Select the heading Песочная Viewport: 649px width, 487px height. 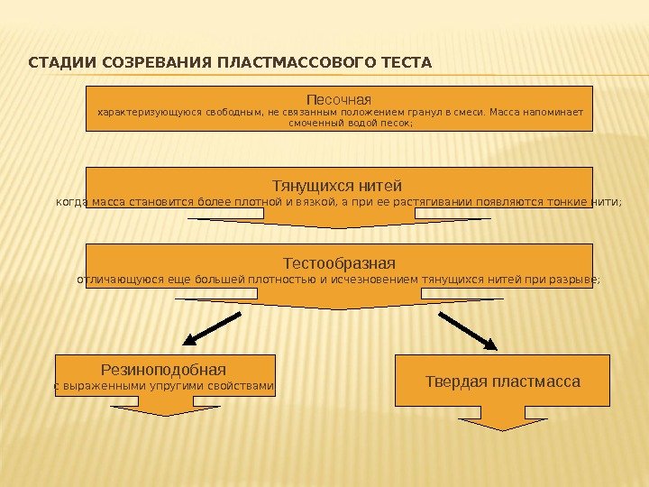coord(339,98)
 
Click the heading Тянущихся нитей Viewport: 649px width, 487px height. coord(339,185)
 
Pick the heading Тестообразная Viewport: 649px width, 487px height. coord(339,263)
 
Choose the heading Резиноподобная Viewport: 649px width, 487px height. coord(163,370)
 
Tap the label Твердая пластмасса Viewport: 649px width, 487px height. coord(502,381)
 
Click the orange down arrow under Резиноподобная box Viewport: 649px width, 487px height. coord(165,408)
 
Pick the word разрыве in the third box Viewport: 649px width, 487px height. coord(578,280)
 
